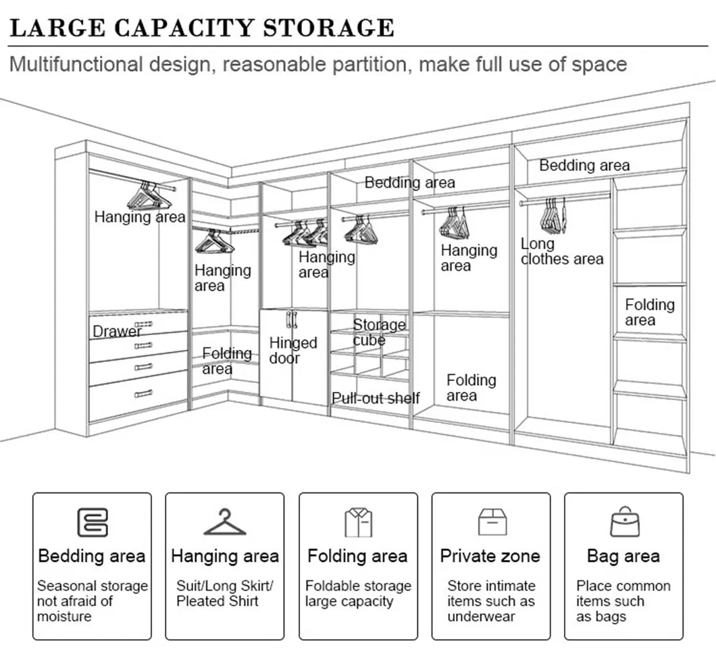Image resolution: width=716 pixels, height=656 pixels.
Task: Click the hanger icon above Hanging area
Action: (225, 522)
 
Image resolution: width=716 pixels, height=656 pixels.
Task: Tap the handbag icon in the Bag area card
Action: (625, 522)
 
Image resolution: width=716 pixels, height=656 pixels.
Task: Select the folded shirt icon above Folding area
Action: (359, 522)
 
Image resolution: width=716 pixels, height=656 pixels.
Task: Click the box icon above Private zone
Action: (492, 522)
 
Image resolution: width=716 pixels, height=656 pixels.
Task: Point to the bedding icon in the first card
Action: (93, 522)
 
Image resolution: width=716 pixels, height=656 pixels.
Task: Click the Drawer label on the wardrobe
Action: (117, 331)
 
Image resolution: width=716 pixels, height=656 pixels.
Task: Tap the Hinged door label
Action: (292, 351)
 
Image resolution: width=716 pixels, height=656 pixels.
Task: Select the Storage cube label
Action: (379, 332)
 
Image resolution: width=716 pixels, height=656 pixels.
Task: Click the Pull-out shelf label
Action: (376, 398)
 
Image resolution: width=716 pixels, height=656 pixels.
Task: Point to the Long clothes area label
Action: (562, 251)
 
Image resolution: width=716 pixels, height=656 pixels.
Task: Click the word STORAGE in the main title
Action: (329, 28)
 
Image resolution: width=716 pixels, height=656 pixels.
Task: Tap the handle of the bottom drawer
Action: (143, 394)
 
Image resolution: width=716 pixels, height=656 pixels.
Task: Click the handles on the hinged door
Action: (291, 320)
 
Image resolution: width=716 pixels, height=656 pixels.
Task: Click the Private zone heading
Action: (490, 556)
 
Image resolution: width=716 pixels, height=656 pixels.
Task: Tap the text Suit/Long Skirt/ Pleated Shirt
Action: (225, 593)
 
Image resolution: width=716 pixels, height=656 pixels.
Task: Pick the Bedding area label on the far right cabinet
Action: (584, 165)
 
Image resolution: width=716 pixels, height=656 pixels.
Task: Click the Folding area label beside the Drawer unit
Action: (227, 361)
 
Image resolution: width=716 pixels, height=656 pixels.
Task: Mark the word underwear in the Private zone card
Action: (482, 616)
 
